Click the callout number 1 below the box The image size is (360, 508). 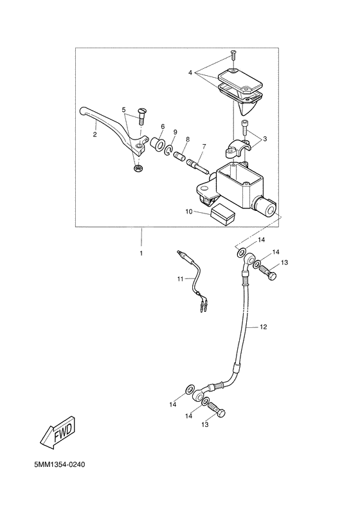coord(141,253)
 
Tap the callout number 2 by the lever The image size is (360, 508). coord(94,135)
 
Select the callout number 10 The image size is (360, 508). coord(189,211)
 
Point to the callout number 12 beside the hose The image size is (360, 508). coord(263,327)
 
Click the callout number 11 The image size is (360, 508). coord(181,278)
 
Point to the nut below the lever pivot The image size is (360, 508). coord(137,168)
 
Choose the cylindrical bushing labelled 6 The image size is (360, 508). coord(158,142)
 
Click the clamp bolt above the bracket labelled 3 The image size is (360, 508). coord(244,127)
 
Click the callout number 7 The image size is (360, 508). coord(203,147)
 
